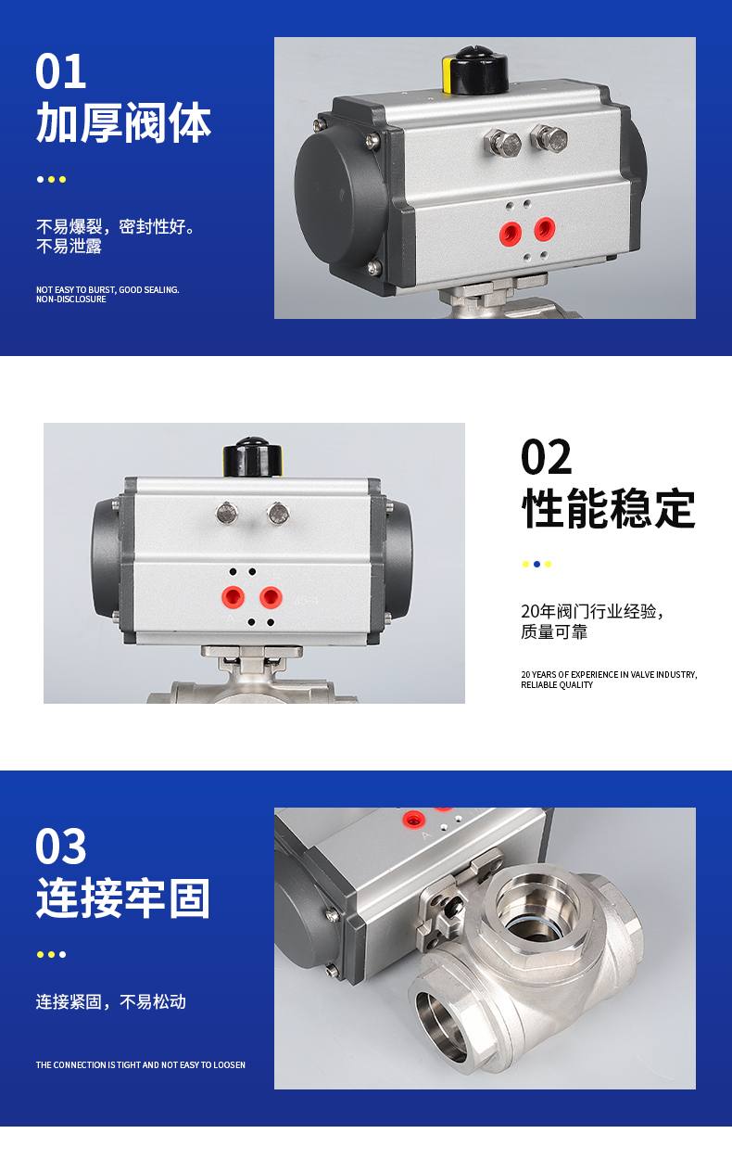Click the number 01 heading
coord(60,71)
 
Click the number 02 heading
coord(547,456)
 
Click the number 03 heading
coord(60,846)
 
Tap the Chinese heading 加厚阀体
coord(123,122)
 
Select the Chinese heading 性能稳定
coord(609,508)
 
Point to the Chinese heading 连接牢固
coord(123,898)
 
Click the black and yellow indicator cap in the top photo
coord(475,70)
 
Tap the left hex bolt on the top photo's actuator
coord(502,142)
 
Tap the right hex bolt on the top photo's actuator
coord(549,138)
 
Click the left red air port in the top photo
coord(511,234)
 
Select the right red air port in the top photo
coord(545,228)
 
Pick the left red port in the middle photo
coord(233,597)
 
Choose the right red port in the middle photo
coord(271,597)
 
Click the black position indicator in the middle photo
coord(253,457)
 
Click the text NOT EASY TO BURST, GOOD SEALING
coord(107,289)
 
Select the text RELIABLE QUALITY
coord(557,684)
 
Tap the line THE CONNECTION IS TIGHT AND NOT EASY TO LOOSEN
coord(141,1064)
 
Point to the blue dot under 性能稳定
coord(536,564)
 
